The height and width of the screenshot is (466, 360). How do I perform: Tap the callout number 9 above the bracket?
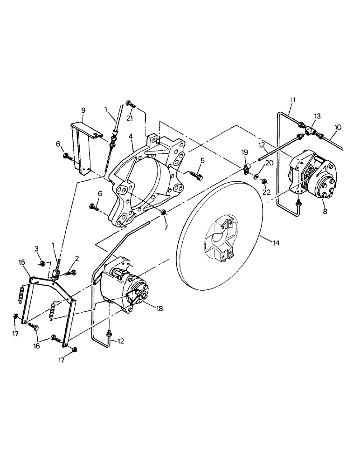[x=83, y=110]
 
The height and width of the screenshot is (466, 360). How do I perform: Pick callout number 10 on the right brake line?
[x=338, y=127]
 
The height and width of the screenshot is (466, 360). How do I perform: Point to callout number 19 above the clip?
[x=244, y=152]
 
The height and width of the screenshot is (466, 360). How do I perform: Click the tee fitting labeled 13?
[x=308, y=132]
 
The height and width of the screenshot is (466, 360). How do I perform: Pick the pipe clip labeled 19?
[x=246, y=168]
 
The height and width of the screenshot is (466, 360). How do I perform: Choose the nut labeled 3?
[x=42, y=264]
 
